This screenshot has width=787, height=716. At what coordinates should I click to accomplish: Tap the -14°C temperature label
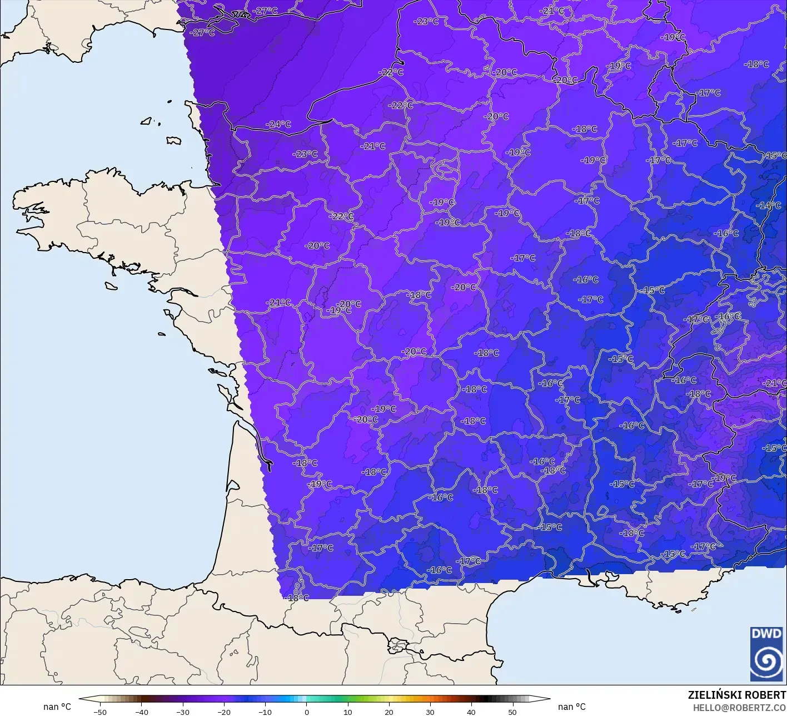769,205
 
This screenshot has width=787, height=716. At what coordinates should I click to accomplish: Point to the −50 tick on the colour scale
100,712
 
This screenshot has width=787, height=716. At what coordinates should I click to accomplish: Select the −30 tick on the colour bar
183,712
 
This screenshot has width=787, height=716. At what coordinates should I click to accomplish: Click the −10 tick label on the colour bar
265,712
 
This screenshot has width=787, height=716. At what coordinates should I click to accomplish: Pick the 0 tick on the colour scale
307,712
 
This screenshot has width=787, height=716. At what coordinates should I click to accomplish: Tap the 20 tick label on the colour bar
389,712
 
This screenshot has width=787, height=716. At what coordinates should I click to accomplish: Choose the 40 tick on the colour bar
471,712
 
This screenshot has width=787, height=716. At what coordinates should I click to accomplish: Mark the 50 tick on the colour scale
512,712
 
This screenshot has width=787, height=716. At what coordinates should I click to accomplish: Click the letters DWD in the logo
765,634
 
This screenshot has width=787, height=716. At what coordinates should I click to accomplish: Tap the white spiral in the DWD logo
766,662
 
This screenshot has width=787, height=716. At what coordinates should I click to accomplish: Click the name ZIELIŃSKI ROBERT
737,695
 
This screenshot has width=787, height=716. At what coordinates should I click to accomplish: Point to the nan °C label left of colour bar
57,707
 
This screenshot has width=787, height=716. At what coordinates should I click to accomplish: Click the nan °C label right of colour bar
572,707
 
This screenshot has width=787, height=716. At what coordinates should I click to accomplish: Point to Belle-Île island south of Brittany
111,285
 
